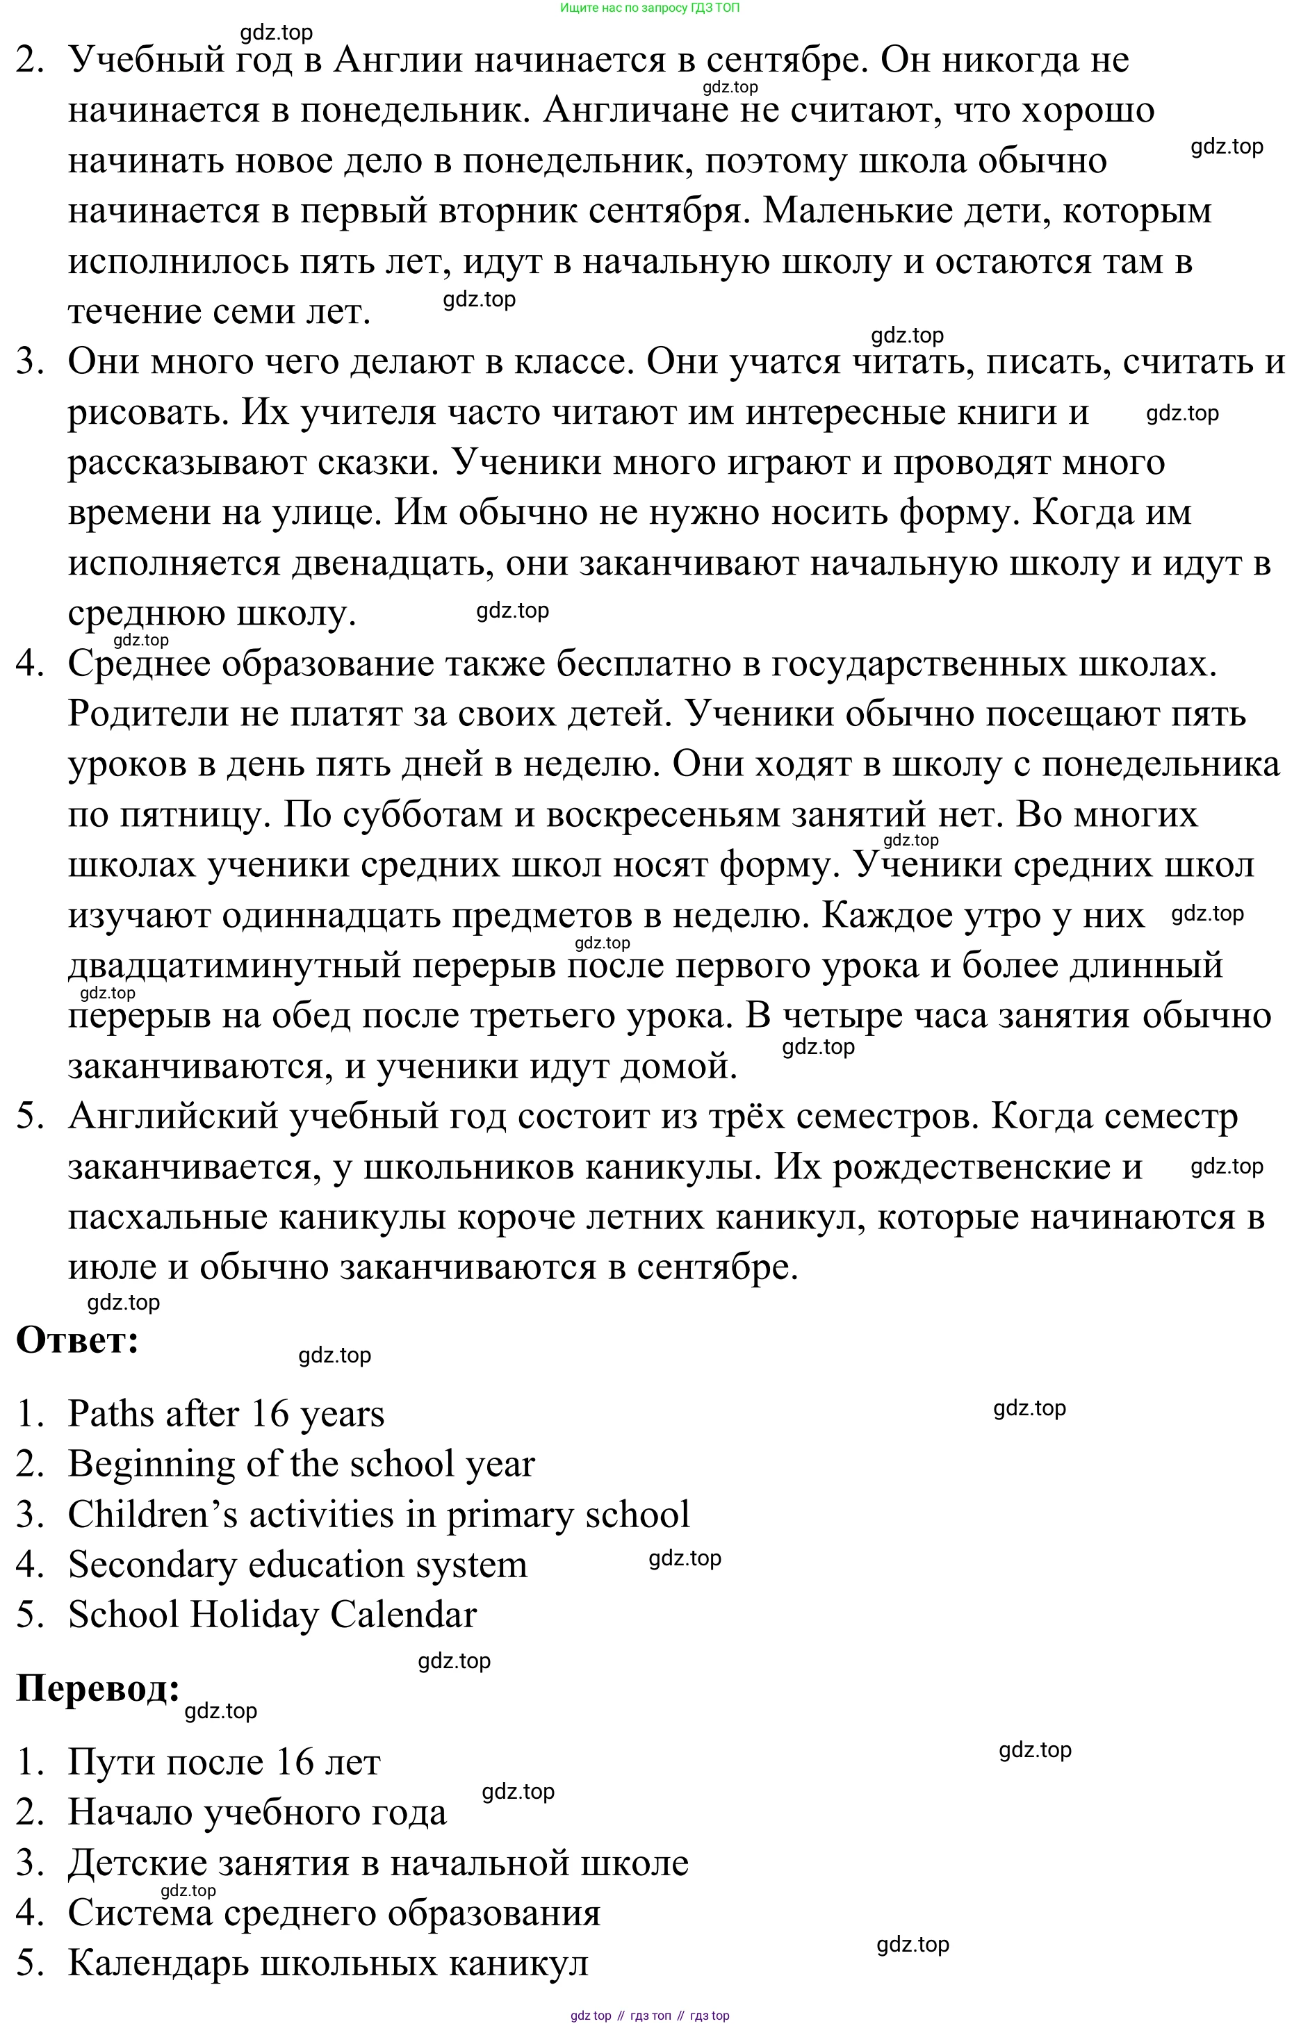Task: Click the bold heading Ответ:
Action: pyautogui.click(x=77, y=1340)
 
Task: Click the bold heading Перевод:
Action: pyautogui.click(x=98, y=1688)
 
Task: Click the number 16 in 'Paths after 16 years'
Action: pyautogui.click(x=270, y=1414)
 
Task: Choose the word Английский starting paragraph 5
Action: pyautogui.click(x=173, y=1117)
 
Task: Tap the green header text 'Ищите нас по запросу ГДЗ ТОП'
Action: pyautogui.click(x=650, y=8)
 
